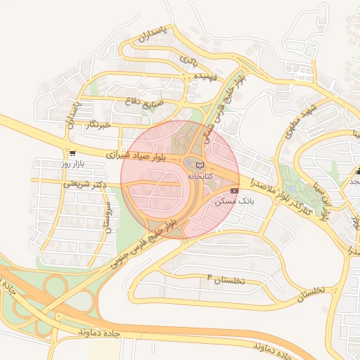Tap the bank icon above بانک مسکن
[x=234, y=190]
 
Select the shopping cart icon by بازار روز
[x=72, y=153]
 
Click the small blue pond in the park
[x=292, y=189]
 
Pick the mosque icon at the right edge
[x=357, y=171]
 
